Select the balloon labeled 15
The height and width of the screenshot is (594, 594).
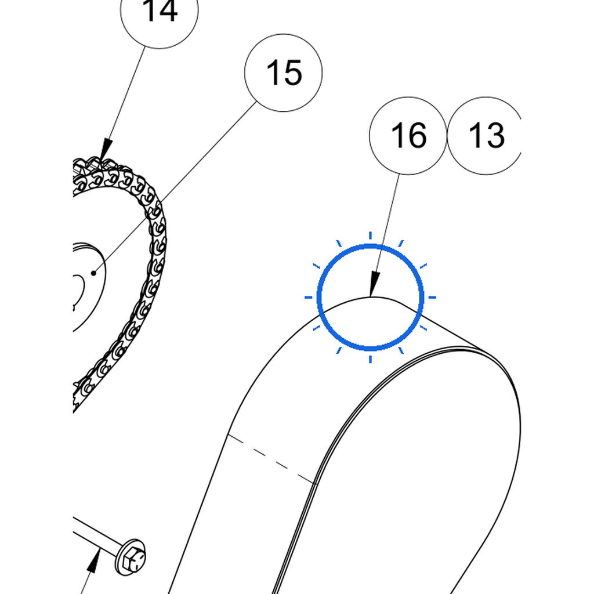point(283,73)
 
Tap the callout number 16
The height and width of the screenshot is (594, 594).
point(408,135)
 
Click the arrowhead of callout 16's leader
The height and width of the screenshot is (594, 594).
point(374,283)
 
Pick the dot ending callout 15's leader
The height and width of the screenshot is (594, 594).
point(93,273)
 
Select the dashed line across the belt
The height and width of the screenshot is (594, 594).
point(271,459)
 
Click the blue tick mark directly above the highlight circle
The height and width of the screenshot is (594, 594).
point(370,236)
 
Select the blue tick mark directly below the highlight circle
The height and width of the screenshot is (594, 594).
point(370,359)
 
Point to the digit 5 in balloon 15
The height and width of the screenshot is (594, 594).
point(293,73)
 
